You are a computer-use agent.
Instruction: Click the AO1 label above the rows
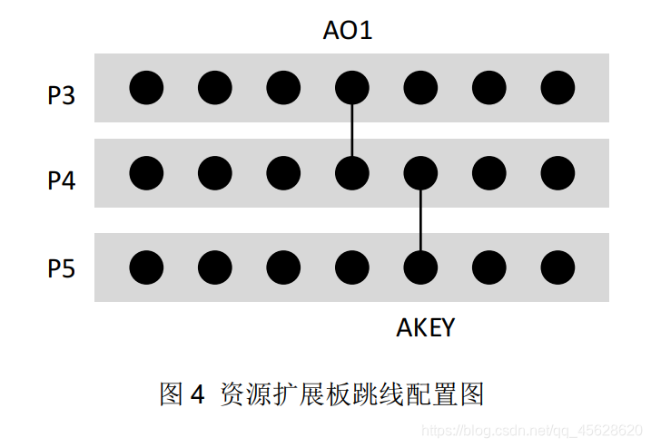(x=348, y=31)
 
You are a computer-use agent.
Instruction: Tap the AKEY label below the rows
(x=425, y=327)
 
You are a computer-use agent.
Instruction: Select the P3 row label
(x=62, y=95)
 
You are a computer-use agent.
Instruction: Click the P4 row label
(x=62, y=180)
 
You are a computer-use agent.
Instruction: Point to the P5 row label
(x=62, y=269)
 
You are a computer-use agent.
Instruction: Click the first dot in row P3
(x=146, y=88)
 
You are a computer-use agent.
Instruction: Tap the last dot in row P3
(x=557, y=88)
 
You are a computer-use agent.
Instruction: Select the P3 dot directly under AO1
(x=352, y=88)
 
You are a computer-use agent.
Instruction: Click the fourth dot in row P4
(x=352, y=172)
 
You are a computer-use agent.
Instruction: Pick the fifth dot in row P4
(x=420, y=172)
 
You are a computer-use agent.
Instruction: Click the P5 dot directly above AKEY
(x=420, y=267)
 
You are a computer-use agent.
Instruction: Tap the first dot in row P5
(x=146, y=267)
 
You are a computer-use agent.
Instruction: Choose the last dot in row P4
(x=557, y=172)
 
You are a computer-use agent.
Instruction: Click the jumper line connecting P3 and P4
(x=352, y=131)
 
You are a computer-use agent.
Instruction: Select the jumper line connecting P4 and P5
(x=420, y=220)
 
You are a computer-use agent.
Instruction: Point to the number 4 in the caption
(x=197, y=395)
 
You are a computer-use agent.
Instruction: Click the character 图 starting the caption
(x=172, y=394)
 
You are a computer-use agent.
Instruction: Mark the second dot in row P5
(x=215, y=267)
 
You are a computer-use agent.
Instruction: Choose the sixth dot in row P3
(x=489, y=88)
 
